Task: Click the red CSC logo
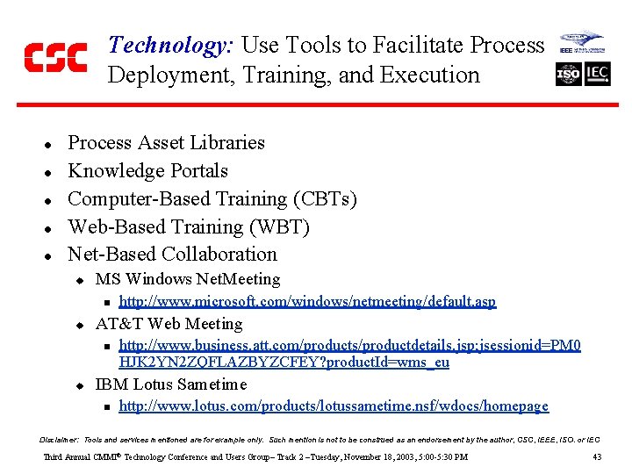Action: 55,58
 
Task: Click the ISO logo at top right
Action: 569,74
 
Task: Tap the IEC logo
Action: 598,74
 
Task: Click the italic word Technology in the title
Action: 168,46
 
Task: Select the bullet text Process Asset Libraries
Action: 166,142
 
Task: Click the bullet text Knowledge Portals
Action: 147,170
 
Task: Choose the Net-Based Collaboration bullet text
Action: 172,255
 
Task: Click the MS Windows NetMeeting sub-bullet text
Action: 188,279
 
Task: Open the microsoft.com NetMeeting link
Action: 307,301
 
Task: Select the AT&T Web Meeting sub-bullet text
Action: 169,323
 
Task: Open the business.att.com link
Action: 349,354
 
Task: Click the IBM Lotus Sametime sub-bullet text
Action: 171,384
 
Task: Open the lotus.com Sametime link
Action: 334,406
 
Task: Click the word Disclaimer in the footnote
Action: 60,439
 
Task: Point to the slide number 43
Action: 597,457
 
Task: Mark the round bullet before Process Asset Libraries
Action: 49,144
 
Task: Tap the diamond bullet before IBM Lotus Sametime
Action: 77,385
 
